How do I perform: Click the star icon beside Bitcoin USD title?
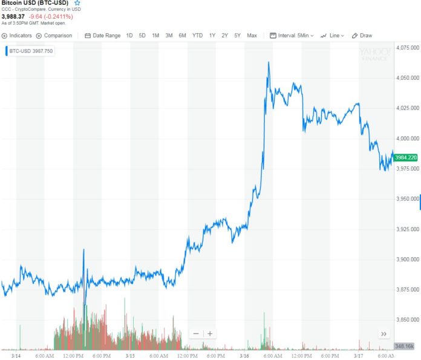click(x=77, y=3)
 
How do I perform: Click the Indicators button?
click(x=18, y=36)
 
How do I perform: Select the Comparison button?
click(x=54, y=36)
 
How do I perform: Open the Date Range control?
click(x=103, y=36)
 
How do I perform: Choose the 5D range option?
click(x=142, y=36)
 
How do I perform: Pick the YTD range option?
click(x=197, y=36)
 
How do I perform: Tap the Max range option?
click(x=252, y=36)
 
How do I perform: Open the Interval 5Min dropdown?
click(x=292, y=36)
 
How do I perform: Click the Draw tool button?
click(x=362, y=36)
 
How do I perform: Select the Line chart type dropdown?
click(x=332, y=36)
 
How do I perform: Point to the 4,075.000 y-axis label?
click(x=407, y=47)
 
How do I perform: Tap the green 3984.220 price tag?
click(x=404, y=157)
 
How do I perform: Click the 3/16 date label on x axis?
click(x=247, y=356)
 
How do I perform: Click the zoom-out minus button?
click(x=196, y=333)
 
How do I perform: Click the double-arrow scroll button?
click(x=383, y=333)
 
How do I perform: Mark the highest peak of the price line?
click(x=268, y=62)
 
